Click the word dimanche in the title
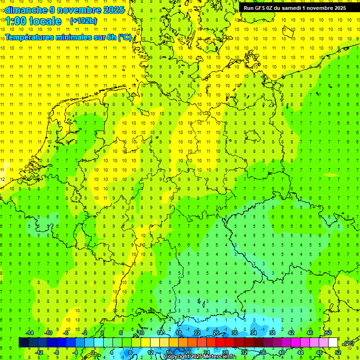pyautogui.click(x=26, y=10)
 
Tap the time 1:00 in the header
pyautogui.click(x=17, y=21)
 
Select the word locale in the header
pyautogui.click(x=46, y=21)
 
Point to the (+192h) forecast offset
pyautogui.click(x=83, y=21)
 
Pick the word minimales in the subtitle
pyautogui.click(x=76, y=37)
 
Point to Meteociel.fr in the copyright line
pyautogui.click(x=221, y=357)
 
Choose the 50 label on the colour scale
pyautogui.click(x=329, y=333)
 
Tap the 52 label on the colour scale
pyautogui.click(x=338, y=352)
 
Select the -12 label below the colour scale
pyautogui.click(x=39, y=352)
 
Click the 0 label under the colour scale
pyautogui.click(x=93, y=352)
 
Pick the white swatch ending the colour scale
pyautogui.click(x=333, y=342)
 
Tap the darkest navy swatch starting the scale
pyautogui.click(x=23, y=342)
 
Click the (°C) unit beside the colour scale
pyautogui.click(x=349, y=343)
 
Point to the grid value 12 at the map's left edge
pyautogui.click(x=3, y=179)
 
